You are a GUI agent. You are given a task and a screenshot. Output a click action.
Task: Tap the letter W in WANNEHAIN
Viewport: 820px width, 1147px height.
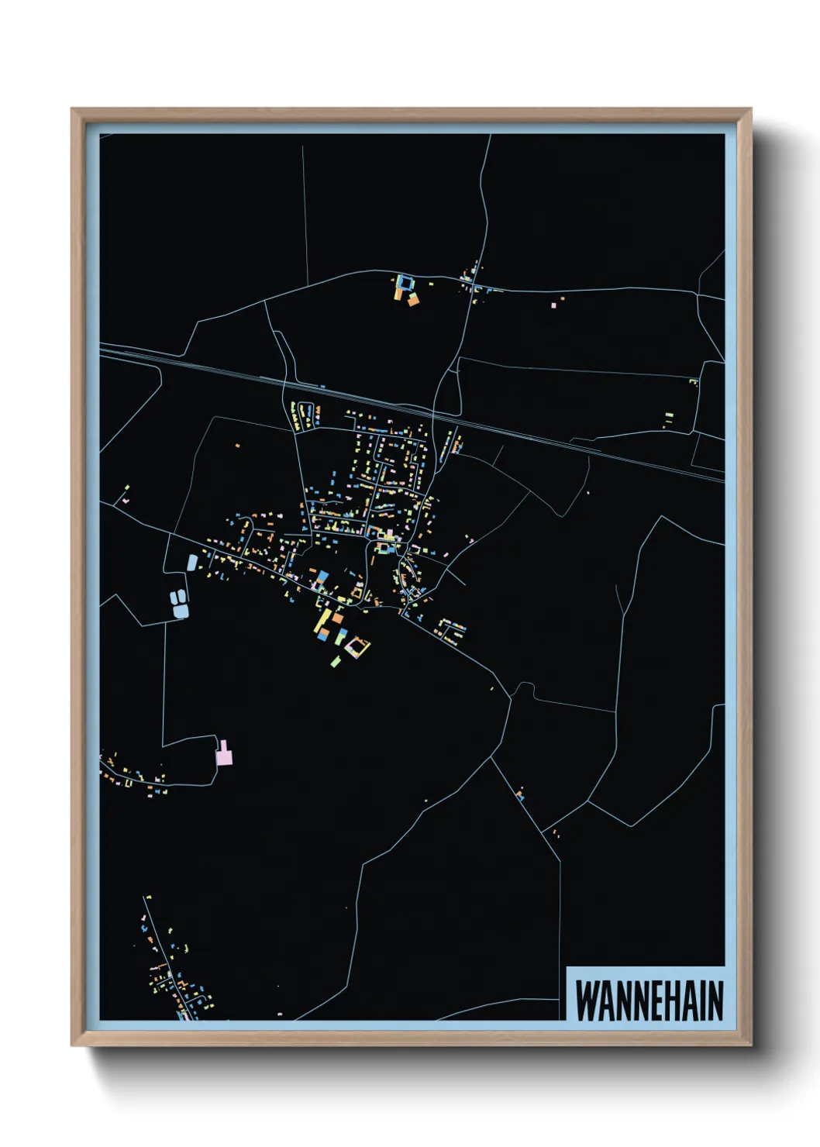(585, 1001)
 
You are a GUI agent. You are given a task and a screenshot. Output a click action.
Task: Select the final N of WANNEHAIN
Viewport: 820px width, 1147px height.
(715, 1001)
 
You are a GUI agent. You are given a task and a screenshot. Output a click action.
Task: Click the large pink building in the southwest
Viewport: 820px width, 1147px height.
(224, 755)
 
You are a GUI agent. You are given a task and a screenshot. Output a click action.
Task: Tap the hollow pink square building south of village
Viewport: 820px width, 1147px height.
(357, 646)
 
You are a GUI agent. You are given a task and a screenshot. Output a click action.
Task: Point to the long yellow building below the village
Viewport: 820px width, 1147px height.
(320, 624)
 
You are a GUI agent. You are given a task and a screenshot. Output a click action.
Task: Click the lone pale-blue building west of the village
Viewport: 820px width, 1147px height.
(191, 562)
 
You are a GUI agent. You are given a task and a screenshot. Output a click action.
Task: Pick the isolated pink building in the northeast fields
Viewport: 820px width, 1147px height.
(553, 305)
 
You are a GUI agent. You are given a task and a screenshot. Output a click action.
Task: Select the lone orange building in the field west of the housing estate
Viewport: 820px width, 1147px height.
(238, 445)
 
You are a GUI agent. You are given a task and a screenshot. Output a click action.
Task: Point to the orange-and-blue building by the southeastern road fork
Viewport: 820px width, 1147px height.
(520, 794)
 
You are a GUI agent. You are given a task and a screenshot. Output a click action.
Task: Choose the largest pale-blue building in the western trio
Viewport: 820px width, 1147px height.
(181, 610)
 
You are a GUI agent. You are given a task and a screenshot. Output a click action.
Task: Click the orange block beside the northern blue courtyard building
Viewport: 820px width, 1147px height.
(413, 299)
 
